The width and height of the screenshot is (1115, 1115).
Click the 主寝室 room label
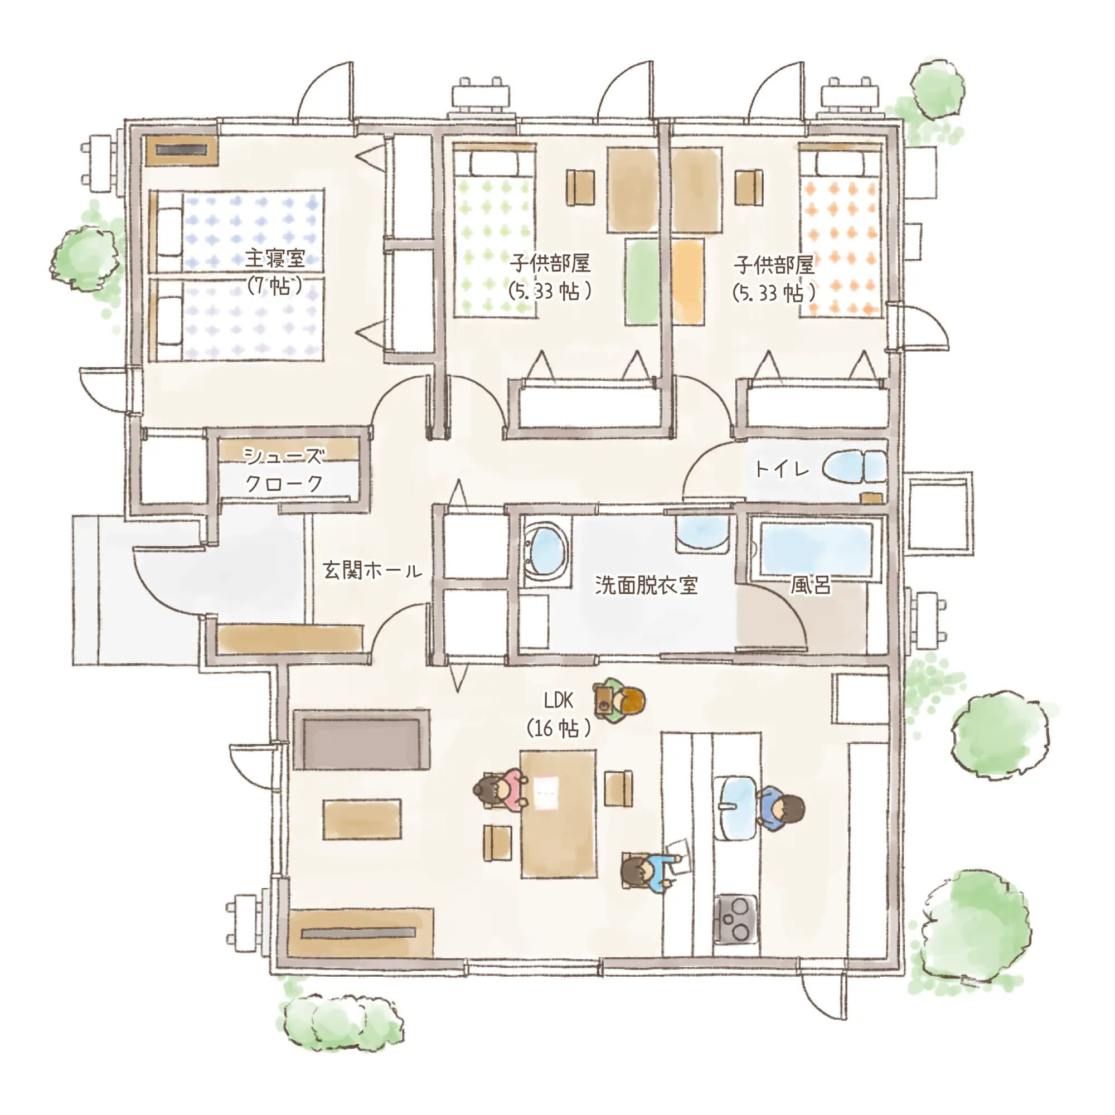(275, 259)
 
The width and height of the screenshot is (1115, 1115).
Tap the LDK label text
(558, 701)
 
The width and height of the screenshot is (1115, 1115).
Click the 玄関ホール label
(372, 571)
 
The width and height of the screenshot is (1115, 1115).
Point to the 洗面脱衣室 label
(646, 585)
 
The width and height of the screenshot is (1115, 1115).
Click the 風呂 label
(810, 585)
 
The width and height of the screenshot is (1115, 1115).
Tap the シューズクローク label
(283, 470)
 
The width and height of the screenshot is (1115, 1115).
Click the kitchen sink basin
(735, 808)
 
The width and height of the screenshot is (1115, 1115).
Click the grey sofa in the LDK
(362, 739)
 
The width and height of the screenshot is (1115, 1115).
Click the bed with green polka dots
(494, 231)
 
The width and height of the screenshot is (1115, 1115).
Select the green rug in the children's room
(642, 282)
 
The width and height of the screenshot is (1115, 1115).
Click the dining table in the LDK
(558, 814)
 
